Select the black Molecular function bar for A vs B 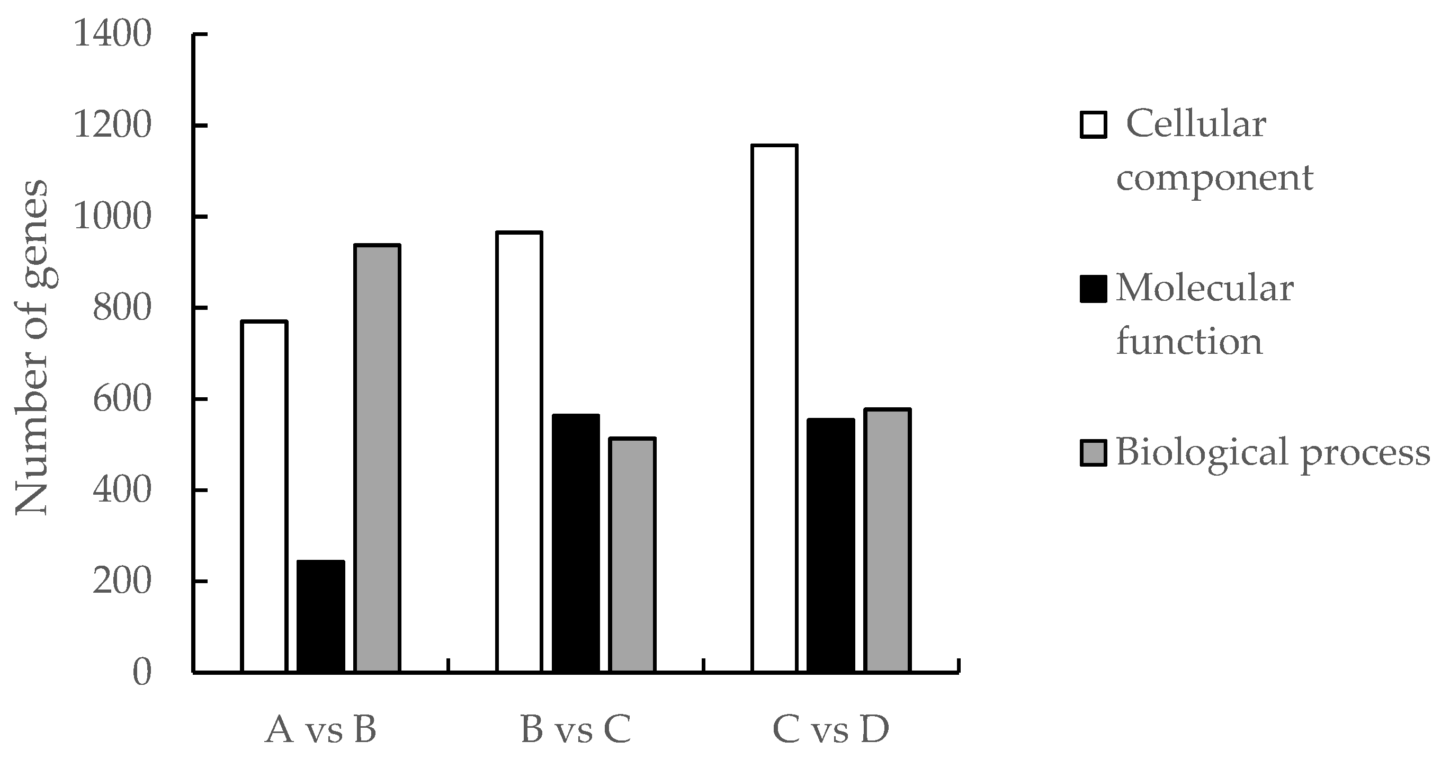pos(320,616)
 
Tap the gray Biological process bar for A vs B pos(378,458)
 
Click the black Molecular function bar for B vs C pos(576,543)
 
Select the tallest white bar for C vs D pos(774,408)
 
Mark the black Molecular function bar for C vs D pos(831,545)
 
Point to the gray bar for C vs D pos(888,540)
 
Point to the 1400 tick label pos(112,34)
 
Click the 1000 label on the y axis pos(112,217)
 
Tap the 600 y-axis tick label pos(122,399)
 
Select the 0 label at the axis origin pos(142,673)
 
